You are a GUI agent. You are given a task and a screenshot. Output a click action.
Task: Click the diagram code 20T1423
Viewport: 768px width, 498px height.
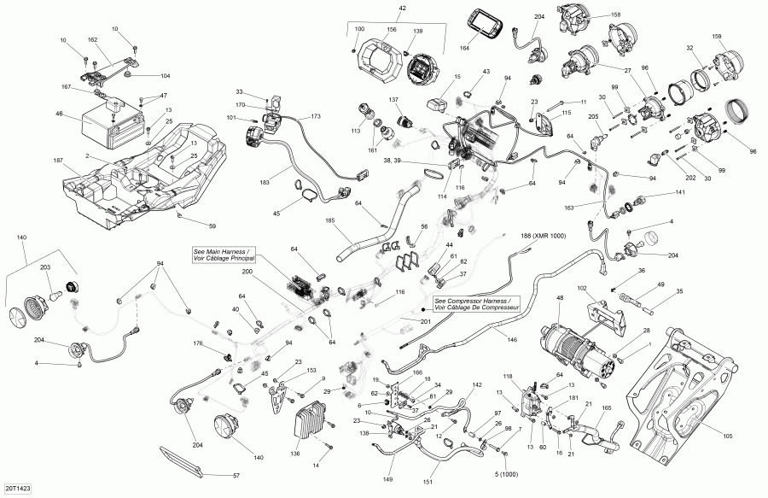tap(15, 489)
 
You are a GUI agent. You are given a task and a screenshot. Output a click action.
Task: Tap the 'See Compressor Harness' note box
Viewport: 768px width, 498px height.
tap(474, 305)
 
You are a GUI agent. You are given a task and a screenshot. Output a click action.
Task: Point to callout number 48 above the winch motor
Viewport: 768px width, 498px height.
tap(560, 298)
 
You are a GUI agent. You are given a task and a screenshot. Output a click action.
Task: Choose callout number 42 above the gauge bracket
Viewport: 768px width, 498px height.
tap(403, 9)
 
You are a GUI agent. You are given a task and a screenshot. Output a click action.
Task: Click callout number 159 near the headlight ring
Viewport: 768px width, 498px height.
tap(717, 35)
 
